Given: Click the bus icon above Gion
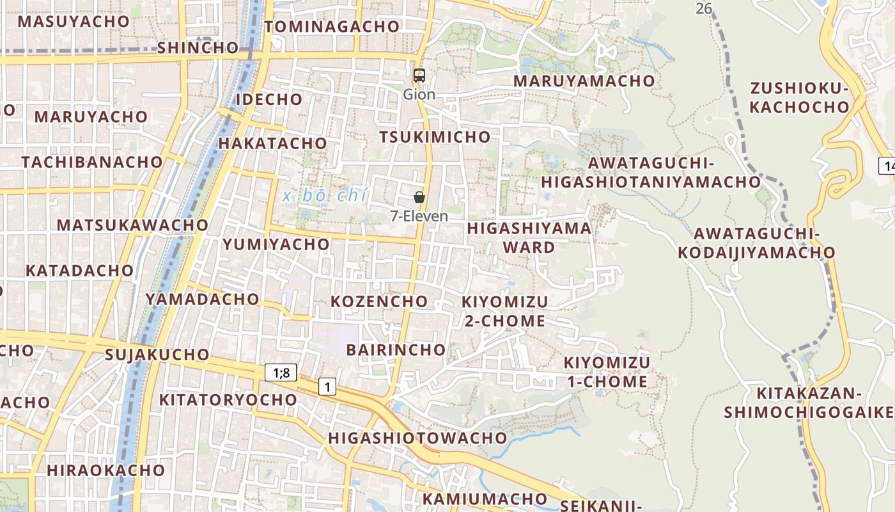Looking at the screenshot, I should (419, 76).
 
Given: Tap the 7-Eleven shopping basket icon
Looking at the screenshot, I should (419, 197).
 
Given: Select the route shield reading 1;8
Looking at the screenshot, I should (281, 372).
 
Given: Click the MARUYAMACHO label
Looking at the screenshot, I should (584, 81).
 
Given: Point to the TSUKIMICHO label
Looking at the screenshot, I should (435, 137).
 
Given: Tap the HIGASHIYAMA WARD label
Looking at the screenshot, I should (529, 237).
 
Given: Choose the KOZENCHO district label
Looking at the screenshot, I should (379, 301).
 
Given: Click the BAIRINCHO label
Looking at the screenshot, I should (396, 349).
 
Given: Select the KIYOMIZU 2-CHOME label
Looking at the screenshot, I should (505, 311).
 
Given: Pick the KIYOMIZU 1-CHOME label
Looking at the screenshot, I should (607, 372).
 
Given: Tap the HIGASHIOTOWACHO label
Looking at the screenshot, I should (417, 438).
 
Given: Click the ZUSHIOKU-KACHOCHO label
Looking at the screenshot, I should (799, 98).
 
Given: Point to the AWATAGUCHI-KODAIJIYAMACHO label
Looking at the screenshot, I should (756, 243).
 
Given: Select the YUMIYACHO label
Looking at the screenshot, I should (276, 244).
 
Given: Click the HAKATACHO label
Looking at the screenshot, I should (272, 143).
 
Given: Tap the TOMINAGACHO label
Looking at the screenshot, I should (332, 27).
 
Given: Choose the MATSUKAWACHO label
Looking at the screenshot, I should (132, 225).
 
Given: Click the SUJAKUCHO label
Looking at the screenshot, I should (157, 355).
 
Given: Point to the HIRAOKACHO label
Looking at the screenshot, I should (105, 470).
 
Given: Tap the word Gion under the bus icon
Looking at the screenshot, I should (419, 95).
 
